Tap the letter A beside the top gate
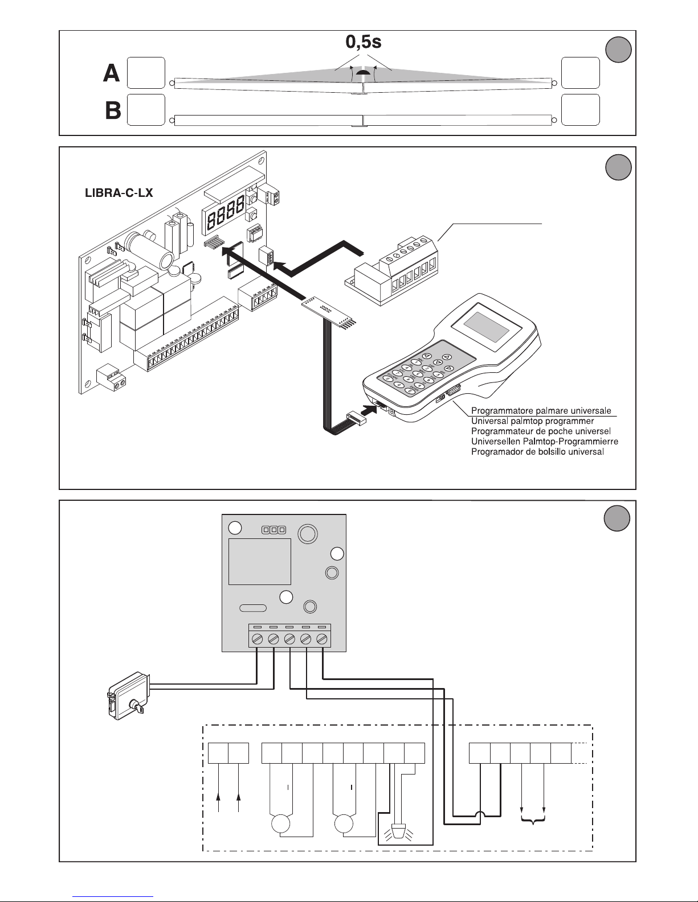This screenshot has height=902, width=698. click(x=112, y=73)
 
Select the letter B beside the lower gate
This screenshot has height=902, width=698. click(x=113, y=110)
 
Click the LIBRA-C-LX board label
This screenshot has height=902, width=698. click(x=119, y=193)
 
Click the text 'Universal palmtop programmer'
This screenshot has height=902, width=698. click(x=533, y=421)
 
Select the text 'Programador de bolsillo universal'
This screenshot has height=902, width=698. click(x=538, y=451)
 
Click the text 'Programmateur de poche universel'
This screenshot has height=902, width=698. click(x=541, y=431)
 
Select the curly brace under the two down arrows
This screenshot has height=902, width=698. click(x=533, y=820)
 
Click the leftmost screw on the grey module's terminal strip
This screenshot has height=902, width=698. click(x=257, y=639)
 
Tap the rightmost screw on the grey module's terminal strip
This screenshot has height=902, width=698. click(x=323, y=639)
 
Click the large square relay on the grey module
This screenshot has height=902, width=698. click(x=260, y=562)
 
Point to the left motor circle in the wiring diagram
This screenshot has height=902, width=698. click(x=280, y=824)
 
